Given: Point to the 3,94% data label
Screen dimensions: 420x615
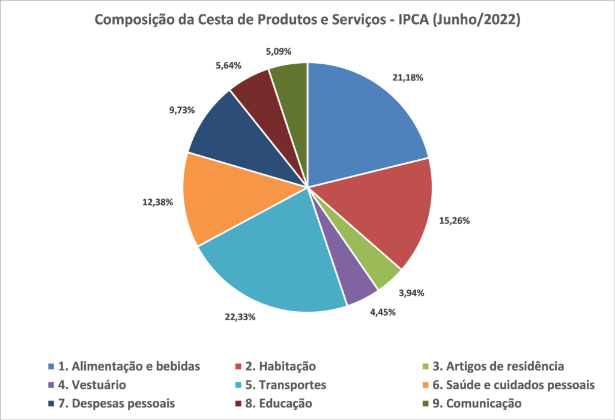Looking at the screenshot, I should [411, 293].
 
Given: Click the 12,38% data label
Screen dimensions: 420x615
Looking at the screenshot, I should [159, 202].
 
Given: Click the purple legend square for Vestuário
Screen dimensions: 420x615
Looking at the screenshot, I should [52, 385].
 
